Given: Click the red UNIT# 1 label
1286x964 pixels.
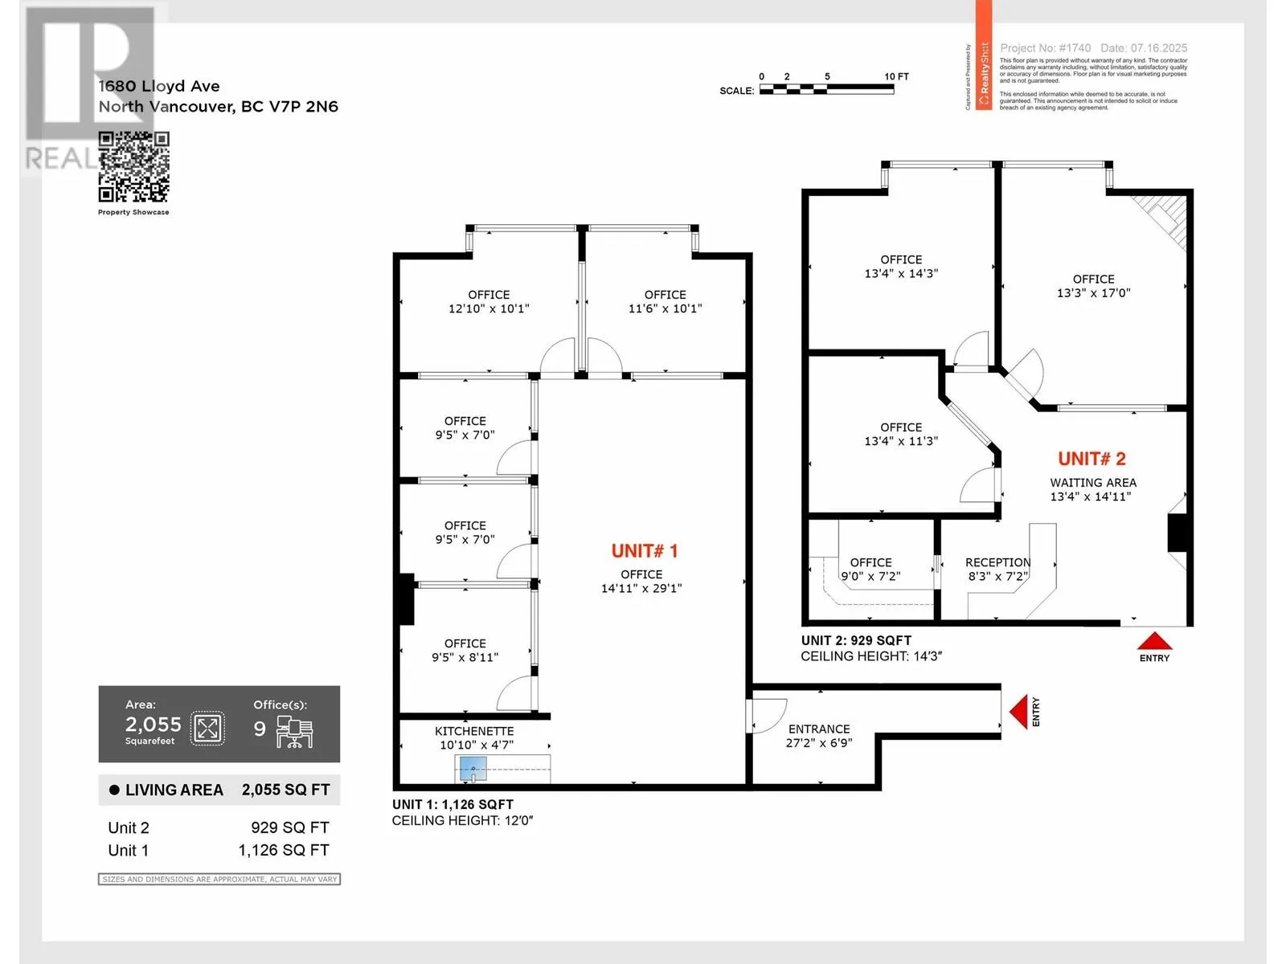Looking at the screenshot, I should point(644,551).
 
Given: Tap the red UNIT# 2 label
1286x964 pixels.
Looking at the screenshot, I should point(1091,459).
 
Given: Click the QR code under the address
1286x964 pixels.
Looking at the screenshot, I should point(133,167).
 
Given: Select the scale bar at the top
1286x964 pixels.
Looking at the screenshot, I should point(826,89).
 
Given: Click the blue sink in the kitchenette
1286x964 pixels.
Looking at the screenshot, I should point(473,769).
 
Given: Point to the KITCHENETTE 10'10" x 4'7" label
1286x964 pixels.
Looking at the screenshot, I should point(474,737).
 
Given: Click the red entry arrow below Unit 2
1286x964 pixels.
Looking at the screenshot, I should point(1154,641).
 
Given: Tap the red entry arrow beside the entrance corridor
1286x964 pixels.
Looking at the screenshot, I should point(1018,712).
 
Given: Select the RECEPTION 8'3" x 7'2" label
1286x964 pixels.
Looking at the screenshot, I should point(997,569).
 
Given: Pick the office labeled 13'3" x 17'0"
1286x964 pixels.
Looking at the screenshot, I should point(1093,286).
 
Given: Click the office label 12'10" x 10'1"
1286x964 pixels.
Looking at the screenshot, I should point(489,301).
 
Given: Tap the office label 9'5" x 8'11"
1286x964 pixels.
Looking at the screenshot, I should point(465,650).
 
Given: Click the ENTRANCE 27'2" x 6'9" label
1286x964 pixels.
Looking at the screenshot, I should point(818,735).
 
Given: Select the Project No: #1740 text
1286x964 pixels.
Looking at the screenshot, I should point(1045,48).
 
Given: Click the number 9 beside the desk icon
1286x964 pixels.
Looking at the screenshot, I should point(260,729).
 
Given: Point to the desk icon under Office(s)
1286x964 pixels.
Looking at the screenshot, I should point(294,732).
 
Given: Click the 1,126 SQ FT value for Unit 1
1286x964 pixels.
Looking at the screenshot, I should point(283,850).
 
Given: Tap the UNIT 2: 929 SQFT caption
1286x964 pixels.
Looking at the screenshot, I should point(856,640).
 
